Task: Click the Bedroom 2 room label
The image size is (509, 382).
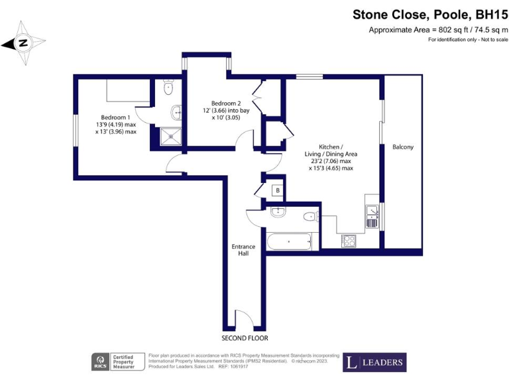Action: (x=225, y=103)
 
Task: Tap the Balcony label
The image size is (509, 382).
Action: (x=402, y=147)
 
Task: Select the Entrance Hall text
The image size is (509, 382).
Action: (x=243, y=250)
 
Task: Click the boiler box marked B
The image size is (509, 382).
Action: (x=277, y=190)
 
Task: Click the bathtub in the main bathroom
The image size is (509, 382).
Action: (x=289, y=241)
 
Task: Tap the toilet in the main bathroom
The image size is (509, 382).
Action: (x=310, y=217)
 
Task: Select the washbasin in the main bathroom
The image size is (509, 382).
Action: (x=278, y=212)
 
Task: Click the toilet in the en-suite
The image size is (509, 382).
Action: (x=168, y=86)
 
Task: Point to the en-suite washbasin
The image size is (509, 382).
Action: (x=176, y=111)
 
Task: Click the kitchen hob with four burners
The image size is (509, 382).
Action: (x=349, y=241)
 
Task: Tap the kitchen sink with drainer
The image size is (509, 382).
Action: (x=372, y=216)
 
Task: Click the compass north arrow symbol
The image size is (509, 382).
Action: (x=24, y=43)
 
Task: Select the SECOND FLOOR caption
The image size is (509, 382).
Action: (x=244, y=328)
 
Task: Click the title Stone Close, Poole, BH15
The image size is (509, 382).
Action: (x=429, y=15)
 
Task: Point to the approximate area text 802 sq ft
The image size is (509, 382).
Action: (x=438, y=30)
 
